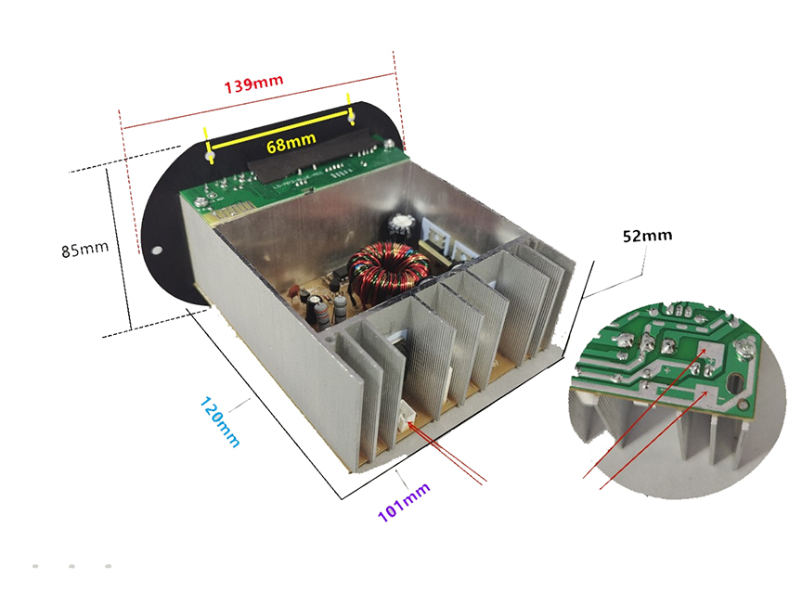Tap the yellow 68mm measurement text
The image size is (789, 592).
tap(290, 143)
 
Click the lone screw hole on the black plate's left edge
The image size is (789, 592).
tap(158, 250)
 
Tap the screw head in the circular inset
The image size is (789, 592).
tap(744, 351)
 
